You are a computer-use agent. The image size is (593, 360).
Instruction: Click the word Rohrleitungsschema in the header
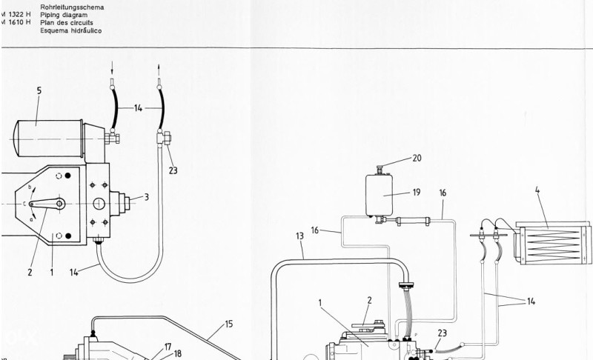tap(72, 7)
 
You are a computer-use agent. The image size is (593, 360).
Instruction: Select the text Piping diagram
tap(64, 15)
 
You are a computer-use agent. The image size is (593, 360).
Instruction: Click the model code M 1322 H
tap(16, 15)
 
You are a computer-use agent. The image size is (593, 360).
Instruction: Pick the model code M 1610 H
tap(16, 23)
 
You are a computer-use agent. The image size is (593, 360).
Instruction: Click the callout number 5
tap(39, 90)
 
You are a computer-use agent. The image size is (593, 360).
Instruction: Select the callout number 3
tap(147, 197)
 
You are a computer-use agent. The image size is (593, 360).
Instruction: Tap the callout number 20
tap(417, 158)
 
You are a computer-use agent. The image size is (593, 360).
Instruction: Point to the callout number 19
tap(417, 192)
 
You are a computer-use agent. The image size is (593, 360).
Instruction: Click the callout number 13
tap(299, 236)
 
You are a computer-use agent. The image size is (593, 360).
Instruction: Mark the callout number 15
tap(229, 324)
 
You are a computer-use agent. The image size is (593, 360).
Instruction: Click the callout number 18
tap(177, 353)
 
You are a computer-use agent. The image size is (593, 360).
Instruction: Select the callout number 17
tap(168, 345)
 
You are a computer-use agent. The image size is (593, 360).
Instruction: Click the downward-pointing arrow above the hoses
tap(111, 66)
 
